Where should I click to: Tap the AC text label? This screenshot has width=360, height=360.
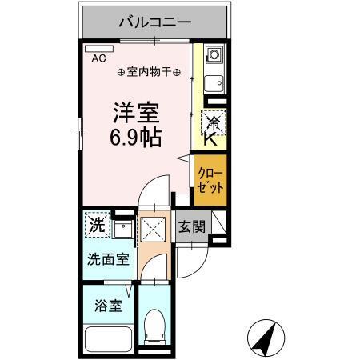pyautogui.click(x=98, y=58)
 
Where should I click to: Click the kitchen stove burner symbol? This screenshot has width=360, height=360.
pyautogui.click(x=214, y=56)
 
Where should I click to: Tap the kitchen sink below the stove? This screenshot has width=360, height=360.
pyautogui.click(x=213, y=82)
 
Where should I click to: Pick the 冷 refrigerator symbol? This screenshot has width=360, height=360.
pyautogui.click(x=214, y=122)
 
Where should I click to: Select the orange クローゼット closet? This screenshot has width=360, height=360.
pyautogui.click(x=210, y=177)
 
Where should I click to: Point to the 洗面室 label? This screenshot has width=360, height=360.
pyautogui.click(x=106, y=260)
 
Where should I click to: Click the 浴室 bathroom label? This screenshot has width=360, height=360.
pyautogui.click(x=107, y=305)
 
